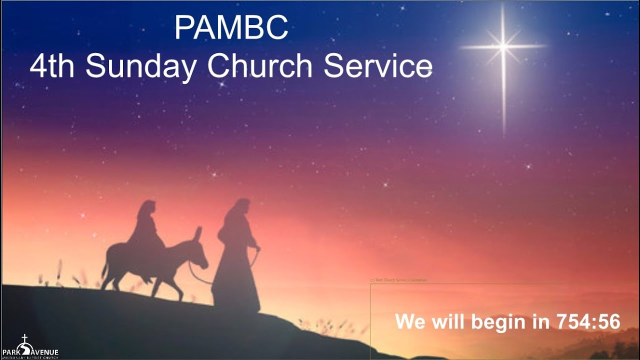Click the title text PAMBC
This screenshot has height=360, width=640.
[x=231, y=28]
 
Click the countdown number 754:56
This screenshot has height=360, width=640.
[x=588, y=321]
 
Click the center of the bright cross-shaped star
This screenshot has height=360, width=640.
[x=503, y=46]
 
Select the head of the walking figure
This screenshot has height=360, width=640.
[x=241, y=207]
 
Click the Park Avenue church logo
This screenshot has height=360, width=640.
[x=30, y=348]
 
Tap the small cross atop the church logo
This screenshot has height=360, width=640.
[x=24, y=338]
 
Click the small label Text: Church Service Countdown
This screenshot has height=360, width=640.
[x=398, y=280]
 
